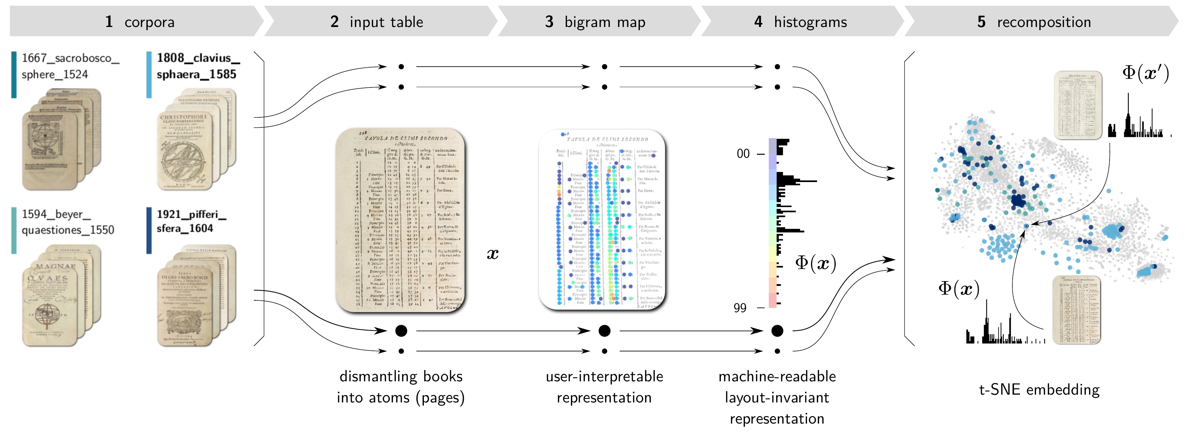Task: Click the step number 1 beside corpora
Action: coord(109,22)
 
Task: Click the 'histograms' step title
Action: coord(810,22)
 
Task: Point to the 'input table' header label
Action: coord(386,22)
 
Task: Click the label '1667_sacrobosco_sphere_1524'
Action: coord(70,66)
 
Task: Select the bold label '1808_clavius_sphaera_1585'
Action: coord(198,66)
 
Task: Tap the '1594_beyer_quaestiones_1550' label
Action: coord(68,222)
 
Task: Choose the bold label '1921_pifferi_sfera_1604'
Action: coord(191,221)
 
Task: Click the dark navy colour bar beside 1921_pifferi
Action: coord(149,230)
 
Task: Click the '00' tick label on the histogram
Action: coord(743,154)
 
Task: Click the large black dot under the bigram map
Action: coord(604,331)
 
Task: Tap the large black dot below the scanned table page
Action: coord(401,331)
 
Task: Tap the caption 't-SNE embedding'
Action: coord(1039,390)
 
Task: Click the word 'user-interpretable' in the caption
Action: coord(604,376)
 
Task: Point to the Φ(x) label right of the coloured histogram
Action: coord(816,263)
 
